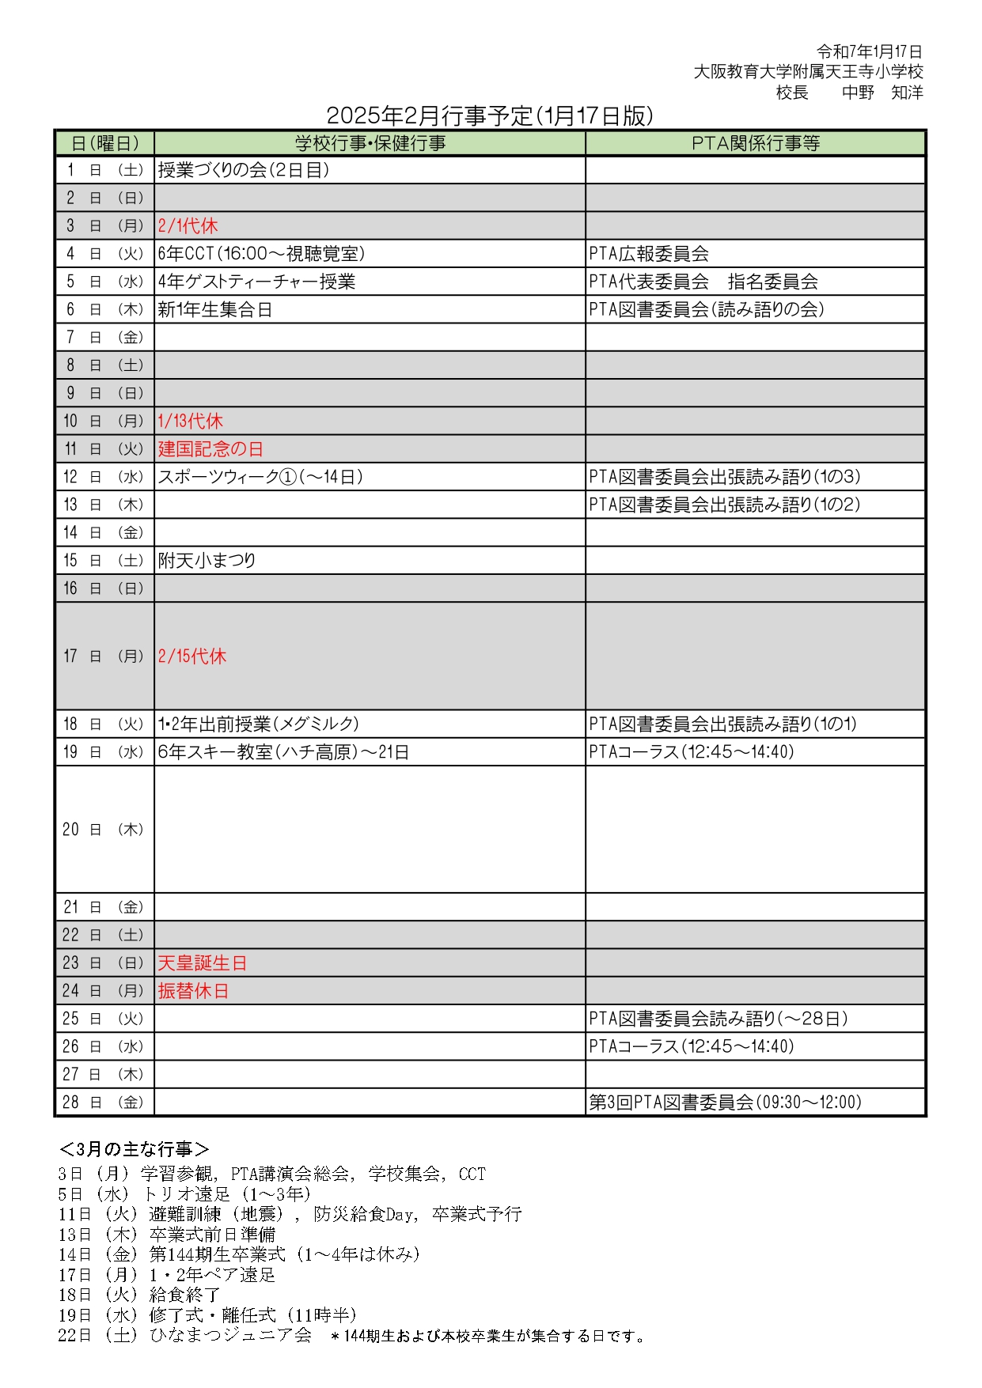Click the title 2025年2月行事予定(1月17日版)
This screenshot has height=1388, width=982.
pyautogui.click(x=490, y=116)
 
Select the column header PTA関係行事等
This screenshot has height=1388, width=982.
pyautogui.click(x=755, y=143)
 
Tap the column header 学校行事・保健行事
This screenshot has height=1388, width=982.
pyautogui.click(x=370, y=143)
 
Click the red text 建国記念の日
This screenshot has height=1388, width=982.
pyautogui.click(x=210, y=449)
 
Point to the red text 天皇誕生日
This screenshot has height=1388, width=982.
pyautogui.click(x=203, y=963)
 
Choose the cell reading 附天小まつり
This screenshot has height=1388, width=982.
pyautogui.click(x=207, y=561)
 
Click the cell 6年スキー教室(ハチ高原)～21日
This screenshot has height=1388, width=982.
pyautogui.click(x=283, y=752)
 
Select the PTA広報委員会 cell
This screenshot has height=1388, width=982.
pyautogui.click(x=649, y=254)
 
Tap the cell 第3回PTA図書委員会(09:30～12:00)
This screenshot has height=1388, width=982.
pyautogui.click(x=725, y=1102)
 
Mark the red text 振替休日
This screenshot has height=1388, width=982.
pyautogui.click(x=194, y=991)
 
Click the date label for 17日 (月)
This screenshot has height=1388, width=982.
pyautogui.click(x=104, y=656)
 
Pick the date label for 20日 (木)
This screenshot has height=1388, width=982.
pyautogui.click(x=104, y=830)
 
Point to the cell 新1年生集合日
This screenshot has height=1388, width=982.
pyautogui.click(x=215, y=310)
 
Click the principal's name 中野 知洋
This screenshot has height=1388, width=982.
pyautogui.click(x=882, y=93)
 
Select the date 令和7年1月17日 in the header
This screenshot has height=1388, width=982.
pyautogui.click(x=870, y=51)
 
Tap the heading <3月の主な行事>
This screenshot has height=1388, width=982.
pyautogui.click(x=135, y=1149)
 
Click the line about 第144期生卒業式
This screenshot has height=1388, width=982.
pyautogui.click(x=239, y=1254)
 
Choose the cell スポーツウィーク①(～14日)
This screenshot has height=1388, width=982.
pyautogui.click(x=260, y=477)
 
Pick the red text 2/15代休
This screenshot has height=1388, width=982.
pyautogui.click(x=192, y=656)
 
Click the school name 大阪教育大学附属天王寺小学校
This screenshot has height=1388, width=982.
pyautogui.click(x=808, y=72)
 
